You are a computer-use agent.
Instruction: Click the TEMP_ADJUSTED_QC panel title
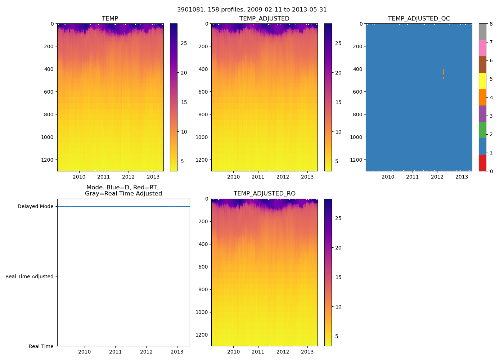pyautogui.click(x=419, y=19)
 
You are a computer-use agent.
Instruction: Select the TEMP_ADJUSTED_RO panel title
pyautogui.click(x=264, y=194)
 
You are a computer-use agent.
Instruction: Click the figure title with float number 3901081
pyautogui.click(x=252, y=10)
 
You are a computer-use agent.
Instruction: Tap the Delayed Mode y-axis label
pyautogui.click(x=35, y=207)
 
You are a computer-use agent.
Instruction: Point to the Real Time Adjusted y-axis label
pyautogui.click(x=29, y=276)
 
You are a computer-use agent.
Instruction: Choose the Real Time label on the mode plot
pyautogui.click(x=41, y=346)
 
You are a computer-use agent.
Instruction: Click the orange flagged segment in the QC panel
pyautogui.click(x=444, y=72)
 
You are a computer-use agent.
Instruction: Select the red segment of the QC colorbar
pyautogui.click(x=482, y=163)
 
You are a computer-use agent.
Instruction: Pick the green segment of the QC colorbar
pyautogui.click(x=482, y=130)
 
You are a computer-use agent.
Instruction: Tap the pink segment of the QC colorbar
pyautogui.click(x=482, y=48)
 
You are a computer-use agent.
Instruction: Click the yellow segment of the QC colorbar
pyautogui.click(x=482, y=81)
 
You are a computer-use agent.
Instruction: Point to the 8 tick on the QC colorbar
pyautogui.click(x=491, y=24)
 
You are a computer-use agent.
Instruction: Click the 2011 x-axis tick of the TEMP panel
pyautogui.click(x=104, y=177)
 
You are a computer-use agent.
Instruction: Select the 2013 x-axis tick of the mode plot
pyautogui.click(x=177, y=352)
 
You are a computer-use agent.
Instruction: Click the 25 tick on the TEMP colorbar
pyautogui.click(x=184, y=43)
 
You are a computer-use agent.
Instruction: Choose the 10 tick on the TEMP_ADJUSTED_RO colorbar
pyautogui.click(x=338, y=307)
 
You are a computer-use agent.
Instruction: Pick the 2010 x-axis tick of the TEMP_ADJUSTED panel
pyautogui.click(x=233, y=177)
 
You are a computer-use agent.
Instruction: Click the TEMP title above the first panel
pyautogui.click(x=110, y=19)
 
